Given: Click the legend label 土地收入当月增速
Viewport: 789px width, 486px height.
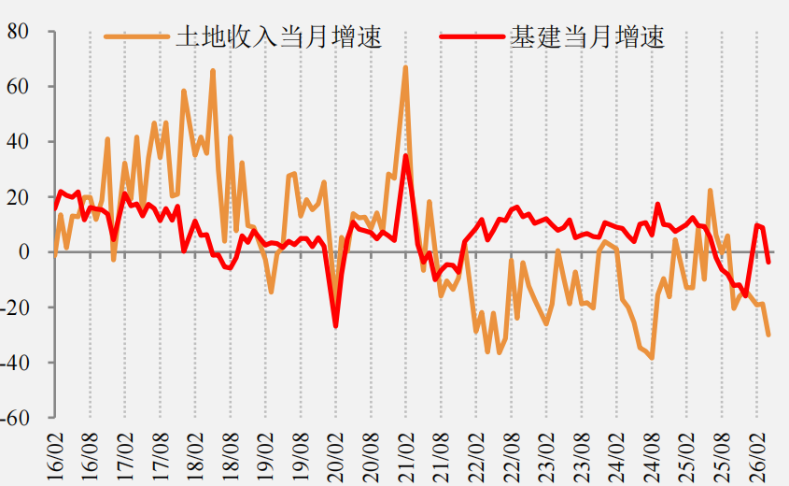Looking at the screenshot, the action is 279,37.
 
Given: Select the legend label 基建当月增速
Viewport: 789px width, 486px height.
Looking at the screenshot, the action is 587,37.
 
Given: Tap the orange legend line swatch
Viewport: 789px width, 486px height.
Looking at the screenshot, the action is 136,36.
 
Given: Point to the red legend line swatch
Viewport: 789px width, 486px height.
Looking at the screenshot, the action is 472,36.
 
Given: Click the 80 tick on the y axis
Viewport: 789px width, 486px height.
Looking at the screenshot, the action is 18,32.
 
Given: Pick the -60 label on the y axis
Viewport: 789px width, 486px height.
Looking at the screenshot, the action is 15,418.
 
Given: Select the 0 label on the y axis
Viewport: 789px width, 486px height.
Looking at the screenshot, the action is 24,251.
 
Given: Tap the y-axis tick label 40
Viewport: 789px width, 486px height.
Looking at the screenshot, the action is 18,142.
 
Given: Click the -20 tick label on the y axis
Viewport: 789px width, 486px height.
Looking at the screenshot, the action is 15,307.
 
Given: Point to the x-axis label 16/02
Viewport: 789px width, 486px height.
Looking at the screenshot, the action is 55,457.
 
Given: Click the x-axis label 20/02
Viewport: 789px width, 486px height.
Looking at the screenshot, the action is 335,457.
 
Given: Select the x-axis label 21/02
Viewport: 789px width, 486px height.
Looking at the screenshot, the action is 406,457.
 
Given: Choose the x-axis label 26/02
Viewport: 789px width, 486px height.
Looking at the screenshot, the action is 757,457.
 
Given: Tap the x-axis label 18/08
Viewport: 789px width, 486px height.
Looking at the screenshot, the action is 231,457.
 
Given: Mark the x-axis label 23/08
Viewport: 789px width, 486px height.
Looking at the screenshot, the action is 581,457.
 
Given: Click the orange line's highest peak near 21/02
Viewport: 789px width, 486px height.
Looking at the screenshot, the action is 405,67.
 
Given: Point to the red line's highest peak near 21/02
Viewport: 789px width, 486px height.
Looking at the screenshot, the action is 405,156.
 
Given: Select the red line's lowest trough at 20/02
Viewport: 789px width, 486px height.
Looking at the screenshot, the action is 335,326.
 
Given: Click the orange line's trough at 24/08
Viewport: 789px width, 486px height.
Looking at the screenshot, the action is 652,358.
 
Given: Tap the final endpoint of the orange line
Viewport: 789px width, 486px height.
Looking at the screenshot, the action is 768,335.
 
